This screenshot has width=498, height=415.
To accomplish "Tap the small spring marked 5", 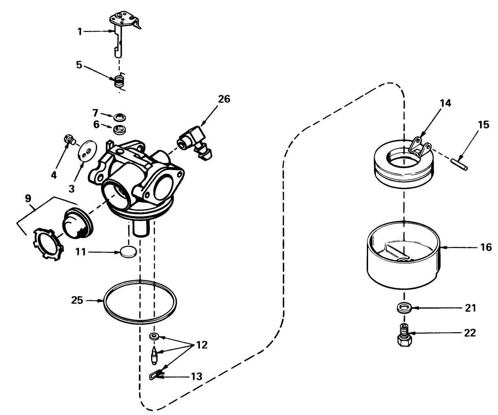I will point(118,81).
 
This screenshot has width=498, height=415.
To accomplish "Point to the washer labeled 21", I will point(404,308).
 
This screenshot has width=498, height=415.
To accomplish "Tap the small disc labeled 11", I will point(128,252).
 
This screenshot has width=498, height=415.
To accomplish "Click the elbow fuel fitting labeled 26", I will point(195,144).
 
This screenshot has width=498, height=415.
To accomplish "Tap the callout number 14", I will point(445,103).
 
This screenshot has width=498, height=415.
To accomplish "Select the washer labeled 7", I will point(119,117).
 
